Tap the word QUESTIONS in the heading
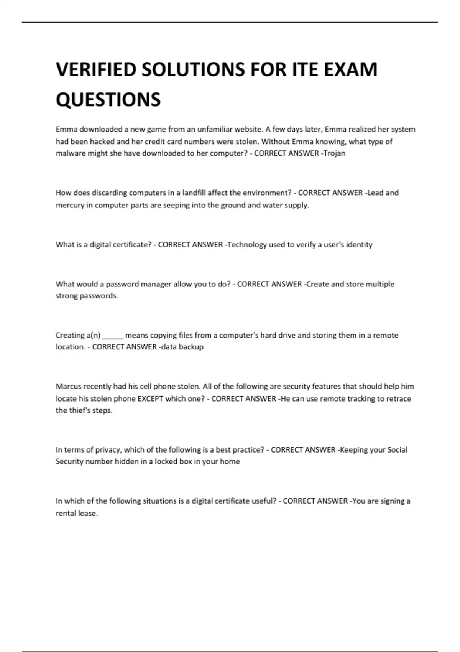click(108, 100)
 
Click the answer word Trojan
click(334, 153)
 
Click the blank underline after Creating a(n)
click(113, 336)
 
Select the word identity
click(359, 245)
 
